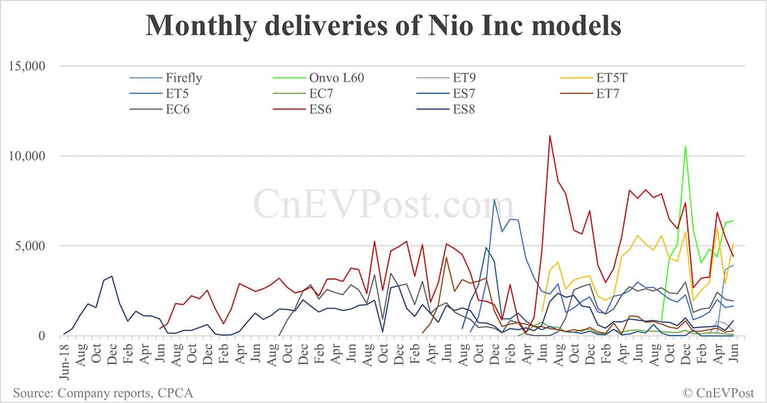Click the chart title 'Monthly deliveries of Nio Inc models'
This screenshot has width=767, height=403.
pos(383,26)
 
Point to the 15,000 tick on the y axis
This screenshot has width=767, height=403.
pos(28,65)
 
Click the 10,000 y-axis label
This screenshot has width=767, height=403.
pos(28,156)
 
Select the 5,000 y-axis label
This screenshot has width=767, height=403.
pos(31,246)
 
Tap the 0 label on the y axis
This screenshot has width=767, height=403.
pos(42,336)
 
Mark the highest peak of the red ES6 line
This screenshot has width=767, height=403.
pos(550,136)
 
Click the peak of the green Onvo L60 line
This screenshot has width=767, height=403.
pos(686,146)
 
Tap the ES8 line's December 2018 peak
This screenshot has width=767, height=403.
pos(111,276)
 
